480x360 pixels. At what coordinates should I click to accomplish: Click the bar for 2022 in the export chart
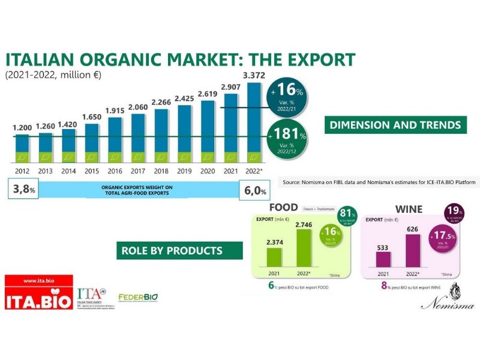(253, 123)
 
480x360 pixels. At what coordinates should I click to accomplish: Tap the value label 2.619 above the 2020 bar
(207, 94)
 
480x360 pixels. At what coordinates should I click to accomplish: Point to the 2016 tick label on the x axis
(115, 172)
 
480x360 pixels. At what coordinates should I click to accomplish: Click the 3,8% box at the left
(21, 191)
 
